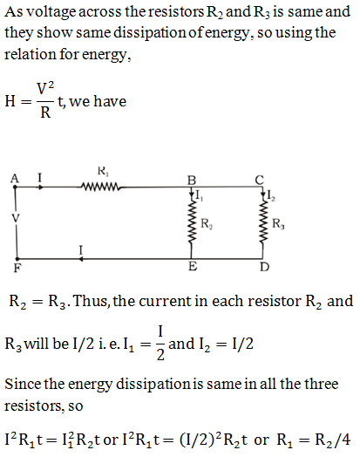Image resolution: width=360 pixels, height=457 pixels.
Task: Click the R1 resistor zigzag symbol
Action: [x=101, y=187]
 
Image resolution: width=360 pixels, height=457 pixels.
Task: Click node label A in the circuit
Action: [x=15, y=178]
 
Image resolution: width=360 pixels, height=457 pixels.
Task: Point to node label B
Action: [x=192, y=181]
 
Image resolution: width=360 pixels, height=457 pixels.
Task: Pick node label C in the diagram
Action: [x=259, y=180]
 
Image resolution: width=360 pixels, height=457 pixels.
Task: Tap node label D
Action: [x=264, y=267]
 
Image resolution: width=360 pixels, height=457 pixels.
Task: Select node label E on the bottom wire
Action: [x=193, y=266]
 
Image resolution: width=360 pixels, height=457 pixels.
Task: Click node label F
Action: [x=17, y=267]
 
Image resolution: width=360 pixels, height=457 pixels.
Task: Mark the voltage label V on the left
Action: [x=16, y=218]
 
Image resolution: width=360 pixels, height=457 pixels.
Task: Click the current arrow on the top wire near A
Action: [x=41, y=188]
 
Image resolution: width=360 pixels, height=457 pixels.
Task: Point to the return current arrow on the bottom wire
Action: [x=81, y=258]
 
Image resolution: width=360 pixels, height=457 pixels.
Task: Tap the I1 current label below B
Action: [x=200, y=195]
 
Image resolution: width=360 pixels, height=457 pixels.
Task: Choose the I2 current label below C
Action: [x=271, y=195]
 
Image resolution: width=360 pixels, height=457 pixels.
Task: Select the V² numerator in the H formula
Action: [x=45, y=88]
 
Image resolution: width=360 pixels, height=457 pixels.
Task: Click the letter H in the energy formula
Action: [x=10, y=101]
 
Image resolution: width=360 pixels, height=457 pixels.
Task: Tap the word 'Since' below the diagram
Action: [x=22, y=384]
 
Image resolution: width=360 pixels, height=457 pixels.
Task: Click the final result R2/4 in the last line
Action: [x=333, y=440]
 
